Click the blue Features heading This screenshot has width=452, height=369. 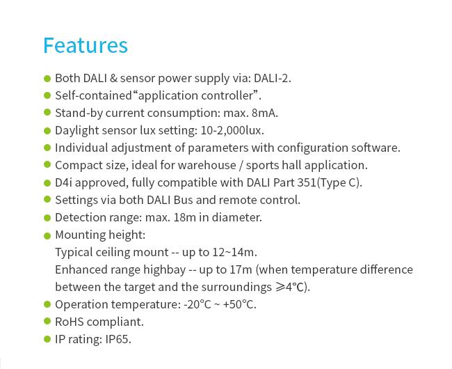(86, 45)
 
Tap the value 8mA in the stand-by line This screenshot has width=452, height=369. (264, 113)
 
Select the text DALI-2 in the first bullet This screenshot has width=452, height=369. (271, 78)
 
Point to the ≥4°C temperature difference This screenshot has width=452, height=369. (291, 287)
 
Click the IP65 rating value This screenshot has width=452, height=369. (117, 339)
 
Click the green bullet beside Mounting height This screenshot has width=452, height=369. (47, 236)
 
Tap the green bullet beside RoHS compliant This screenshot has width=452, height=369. (47, 321)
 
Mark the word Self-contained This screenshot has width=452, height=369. (93, 95)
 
